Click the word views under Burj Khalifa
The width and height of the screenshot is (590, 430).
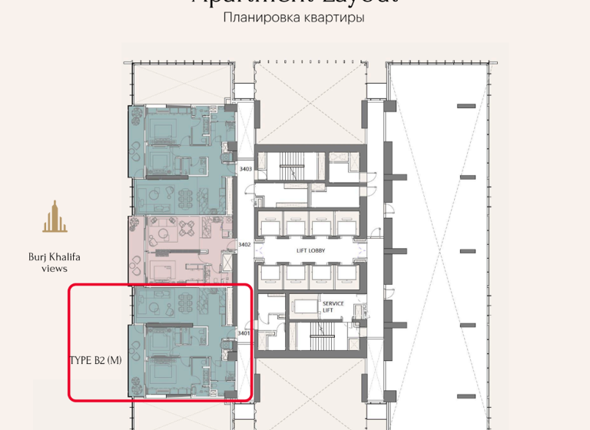55,269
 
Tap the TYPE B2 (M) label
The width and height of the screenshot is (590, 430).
95,359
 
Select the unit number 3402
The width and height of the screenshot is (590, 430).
244,245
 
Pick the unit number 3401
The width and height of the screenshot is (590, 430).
244,333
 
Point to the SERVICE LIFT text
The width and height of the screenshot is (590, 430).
333,306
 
